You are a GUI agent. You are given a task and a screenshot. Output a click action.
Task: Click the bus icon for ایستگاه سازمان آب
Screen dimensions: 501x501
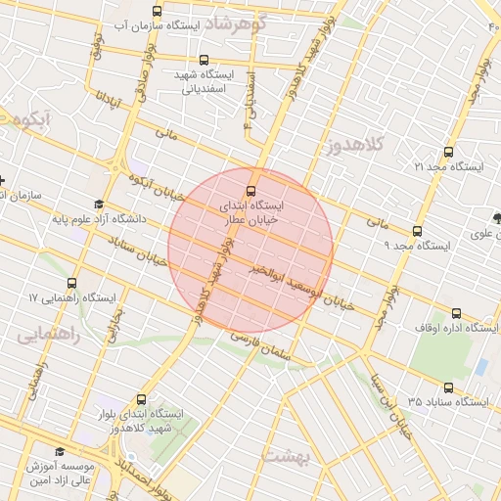(x=158, y=11)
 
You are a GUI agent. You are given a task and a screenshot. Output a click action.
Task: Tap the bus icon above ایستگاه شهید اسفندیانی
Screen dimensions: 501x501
(x=204, y=61)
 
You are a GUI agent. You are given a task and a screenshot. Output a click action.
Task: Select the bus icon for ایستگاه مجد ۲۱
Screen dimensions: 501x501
(x=448, y=153)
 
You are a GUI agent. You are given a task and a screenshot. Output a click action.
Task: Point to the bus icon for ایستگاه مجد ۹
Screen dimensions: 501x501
(x=418, y=232)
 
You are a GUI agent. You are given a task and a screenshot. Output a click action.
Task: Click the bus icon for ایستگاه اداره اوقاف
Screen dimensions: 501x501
(x=456, y=314)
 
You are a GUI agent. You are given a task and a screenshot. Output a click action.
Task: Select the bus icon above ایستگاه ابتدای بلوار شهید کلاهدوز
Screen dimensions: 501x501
(x=142, y=399)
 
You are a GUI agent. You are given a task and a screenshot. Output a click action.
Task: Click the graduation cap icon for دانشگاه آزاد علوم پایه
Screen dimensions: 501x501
(x=98, y=205)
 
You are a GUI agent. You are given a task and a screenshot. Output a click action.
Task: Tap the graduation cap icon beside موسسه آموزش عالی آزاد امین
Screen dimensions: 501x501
(x=60, y=451)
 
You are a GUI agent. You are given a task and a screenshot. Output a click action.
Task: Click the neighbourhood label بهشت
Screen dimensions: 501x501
(x=287, y=457)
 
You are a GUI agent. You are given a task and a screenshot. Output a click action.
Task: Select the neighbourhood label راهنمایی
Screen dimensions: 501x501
(x=47, y=334)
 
